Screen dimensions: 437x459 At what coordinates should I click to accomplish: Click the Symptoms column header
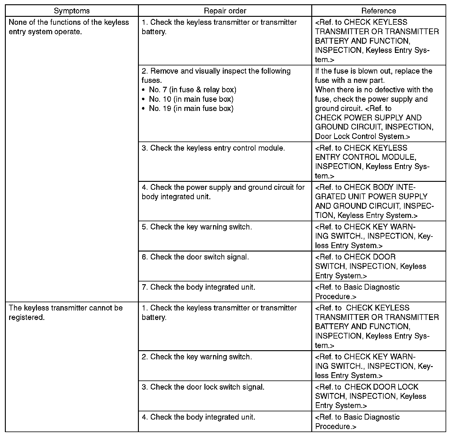72,11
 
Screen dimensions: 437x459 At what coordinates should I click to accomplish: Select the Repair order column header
225,11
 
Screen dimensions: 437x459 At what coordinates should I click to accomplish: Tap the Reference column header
378,11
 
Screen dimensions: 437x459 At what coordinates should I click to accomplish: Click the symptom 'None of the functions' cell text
69,27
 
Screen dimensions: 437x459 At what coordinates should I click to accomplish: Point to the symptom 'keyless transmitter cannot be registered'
66,312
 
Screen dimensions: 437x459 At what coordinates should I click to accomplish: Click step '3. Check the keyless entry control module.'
213,148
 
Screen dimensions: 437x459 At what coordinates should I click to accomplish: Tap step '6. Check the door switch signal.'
195,257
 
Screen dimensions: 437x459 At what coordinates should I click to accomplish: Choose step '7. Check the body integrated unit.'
198,287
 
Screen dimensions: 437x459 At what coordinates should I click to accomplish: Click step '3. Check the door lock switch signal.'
203,387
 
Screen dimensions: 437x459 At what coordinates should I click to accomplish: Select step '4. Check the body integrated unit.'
198,417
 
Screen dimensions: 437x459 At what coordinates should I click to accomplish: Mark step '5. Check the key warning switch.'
197,227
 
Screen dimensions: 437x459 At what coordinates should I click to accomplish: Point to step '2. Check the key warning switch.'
197,357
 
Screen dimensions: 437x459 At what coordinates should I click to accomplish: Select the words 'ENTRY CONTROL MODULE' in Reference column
365,157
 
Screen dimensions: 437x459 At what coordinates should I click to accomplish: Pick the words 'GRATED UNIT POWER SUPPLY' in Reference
371,197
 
